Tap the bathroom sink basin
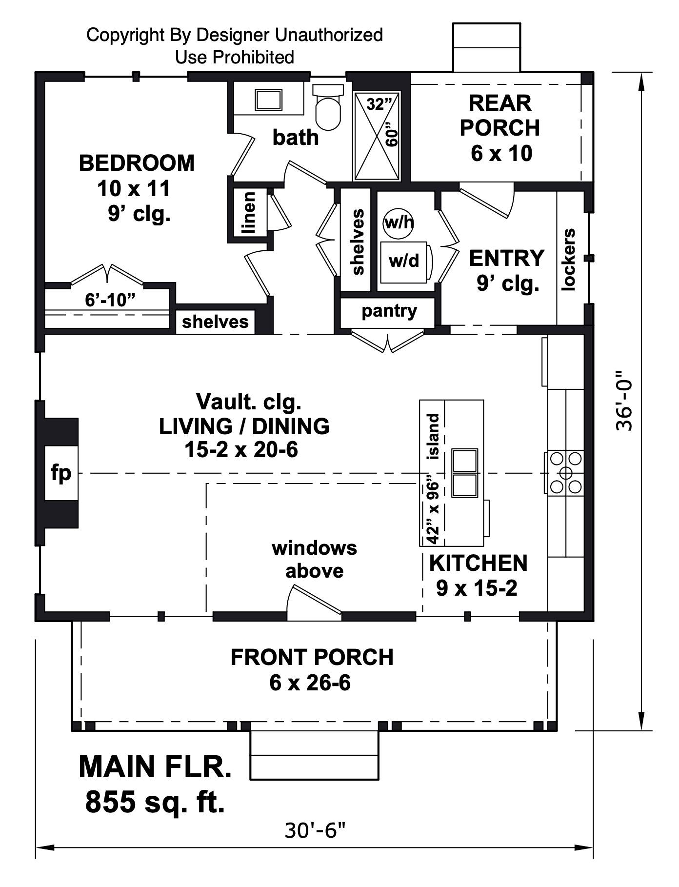[x=268, y=100]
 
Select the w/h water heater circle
[x=399, y=223]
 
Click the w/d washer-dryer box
[x=405, y=262]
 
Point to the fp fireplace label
[x=61, y=472]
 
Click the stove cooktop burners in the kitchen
[x=565, y=473]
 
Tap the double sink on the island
[x=464, y=473]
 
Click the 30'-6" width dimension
[x=315, y=829]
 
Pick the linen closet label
[x=249, y=212]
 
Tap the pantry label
[x=389, y=311]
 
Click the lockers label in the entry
[x=569, y=260]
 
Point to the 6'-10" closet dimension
[x=110, y=300]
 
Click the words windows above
[x=315, y=559]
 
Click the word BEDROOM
[x=137, y=163]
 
